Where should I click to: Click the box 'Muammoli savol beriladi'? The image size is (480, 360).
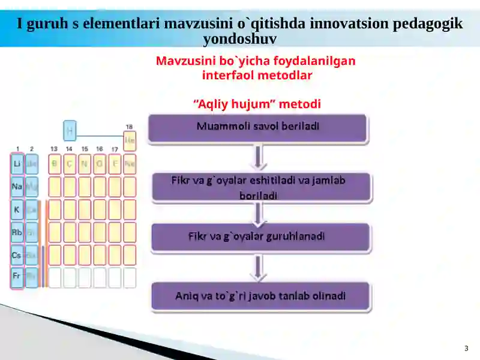pyautogui.click(x=257, y=128)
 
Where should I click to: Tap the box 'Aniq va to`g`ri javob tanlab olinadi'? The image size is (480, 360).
pyautogui.click(x=260, y=296)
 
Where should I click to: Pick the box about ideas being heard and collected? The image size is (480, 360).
pyautogui.click(x=262, y=187)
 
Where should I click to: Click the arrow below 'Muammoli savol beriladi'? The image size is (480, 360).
pyautogui.click(x=259, y=158)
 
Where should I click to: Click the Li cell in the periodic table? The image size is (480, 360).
pyautogui.click(x=17, y=164)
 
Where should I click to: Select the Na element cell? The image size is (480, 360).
pyautogui.click(x=17, y=187)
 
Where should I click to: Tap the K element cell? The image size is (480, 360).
pyautogui.click(x=17, y=209)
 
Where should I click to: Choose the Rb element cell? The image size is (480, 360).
pyautogui.click(x=17, y=232)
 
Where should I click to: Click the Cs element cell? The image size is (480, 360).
pyautogui.click(x=17, y=255)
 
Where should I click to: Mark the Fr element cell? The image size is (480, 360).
pyautogui.click(x=17, y=276)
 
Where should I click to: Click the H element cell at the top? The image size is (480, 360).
pyautogui.click(x=70, y=129)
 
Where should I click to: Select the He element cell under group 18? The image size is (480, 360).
pyautogui.click(x=130, y=140)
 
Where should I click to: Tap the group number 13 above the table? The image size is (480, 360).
pyautogui.click(x=54, y=149)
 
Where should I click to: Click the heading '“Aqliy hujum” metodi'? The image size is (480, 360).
pyautogui.click(x=257, y=104)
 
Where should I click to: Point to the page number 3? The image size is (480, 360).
pyautogui.click(x=466, y=349)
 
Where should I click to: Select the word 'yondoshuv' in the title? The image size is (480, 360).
pyautogui.click(x=239, y=40)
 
